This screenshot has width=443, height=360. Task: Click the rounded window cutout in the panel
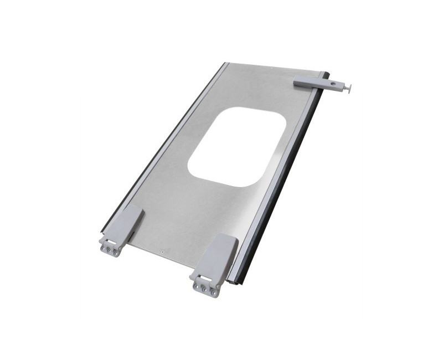coord(237,146)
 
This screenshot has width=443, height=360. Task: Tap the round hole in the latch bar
coord(333,85)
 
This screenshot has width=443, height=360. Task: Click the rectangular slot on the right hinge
coord(205,278)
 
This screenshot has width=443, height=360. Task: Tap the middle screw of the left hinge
coord(109,251)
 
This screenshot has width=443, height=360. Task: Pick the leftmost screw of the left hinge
coord(103,249)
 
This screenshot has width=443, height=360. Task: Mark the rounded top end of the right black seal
coord(326,74)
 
